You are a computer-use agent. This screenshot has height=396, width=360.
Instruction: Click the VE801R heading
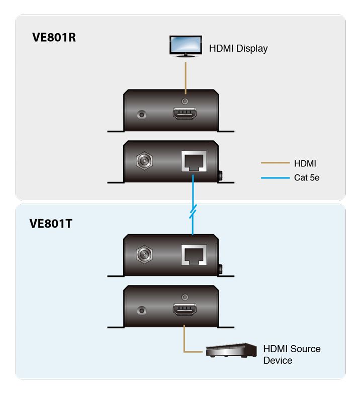54,37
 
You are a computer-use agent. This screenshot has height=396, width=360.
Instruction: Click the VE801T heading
51,223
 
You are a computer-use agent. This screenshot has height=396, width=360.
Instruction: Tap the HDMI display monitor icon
186,46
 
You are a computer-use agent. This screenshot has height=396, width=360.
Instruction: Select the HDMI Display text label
238,48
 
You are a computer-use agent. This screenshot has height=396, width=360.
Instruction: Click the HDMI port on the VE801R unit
185,114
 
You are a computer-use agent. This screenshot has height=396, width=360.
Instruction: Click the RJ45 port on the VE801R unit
194,161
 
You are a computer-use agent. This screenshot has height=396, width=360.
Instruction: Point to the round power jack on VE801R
144,160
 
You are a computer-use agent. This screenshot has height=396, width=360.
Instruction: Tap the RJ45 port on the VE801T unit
194,255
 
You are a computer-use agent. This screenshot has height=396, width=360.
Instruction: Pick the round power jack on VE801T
144,254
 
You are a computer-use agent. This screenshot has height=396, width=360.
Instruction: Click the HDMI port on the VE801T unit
185,310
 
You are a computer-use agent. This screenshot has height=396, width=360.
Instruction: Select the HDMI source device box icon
231,350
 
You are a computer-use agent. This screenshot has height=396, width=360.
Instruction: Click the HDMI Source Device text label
292,355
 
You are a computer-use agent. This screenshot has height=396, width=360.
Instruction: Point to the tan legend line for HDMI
275,163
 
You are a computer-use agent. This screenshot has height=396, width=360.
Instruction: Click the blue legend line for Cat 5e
275,178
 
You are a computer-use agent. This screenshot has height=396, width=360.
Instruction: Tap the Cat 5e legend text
306,177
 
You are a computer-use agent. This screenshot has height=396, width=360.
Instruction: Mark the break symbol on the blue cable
193,212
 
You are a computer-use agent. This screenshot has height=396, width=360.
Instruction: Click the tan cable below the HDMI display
186,78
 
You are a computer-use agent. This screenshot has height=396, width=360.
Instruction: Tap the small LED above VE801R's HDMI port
185,102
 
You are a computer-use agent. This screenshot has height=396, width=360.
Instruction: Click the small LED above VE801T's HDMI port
185,298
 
